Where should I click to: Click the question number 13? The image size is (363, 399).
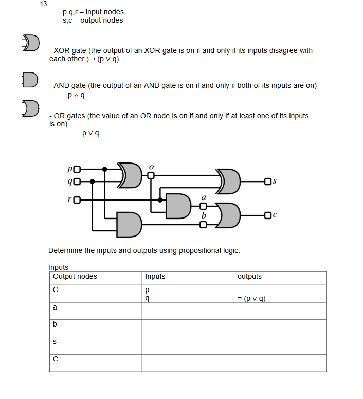[44, 4]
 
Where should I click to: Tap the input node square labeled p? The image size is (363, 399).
[77, 169]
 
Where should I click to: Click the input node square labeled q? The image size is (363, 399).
[77, 181]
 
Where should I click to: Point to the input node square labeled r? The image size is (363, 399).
[77, 199]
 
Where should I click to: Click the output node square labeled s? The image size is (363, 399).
[266, 181]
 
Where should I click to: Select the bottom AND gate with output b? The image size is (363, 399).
[129, 224]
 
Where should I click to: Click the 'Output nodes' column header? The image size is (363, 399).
[75, 277]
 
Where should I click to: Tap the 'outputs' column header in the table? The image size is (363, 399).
[249, 277]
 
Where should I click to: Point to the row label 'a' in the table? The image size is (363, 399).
[55, 307]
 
